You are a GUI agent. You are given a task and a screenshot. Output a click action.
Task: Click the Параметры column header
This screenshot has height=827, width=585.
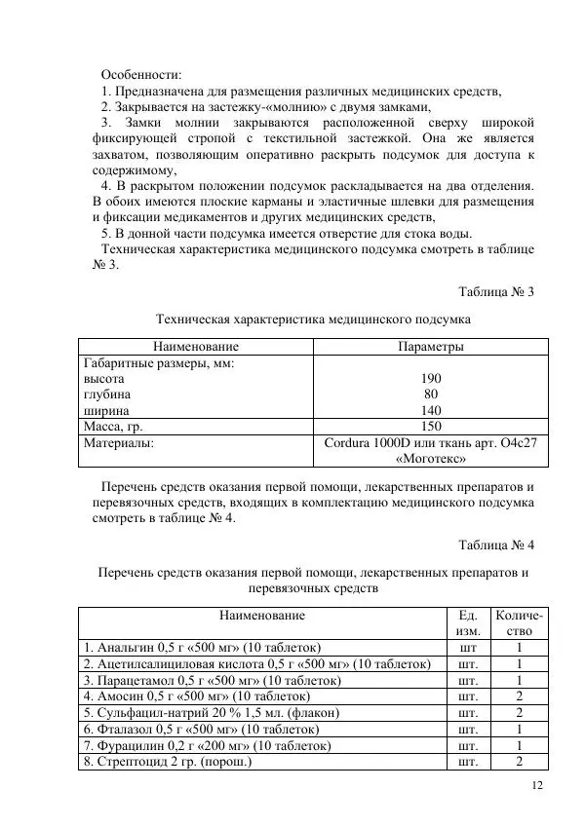[430, 346]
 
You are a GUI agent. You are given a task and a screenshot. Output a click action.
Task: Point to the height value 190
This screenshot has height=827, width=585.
[431, 378]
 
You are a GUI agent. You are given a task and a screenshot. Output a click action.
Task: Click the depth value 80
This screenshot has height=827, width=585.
[431, 395]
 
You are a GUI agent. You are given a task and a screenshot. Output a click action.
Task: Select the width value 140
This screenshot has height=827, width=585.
[431, 410]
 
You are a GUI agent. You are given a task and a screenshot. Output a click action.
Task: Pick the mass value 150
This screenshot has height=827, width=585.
[431, 427]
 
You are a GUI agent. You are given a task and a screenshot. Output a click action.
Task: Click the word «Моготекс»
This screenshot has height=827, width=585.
[431, 458]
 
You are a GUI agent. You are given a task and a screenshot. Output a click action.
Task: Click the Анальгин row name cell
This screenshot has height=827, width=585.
[203, 647]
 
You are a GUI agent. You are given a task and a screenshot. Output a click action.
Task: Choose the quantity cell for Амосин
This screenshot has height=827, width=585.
[520, 696]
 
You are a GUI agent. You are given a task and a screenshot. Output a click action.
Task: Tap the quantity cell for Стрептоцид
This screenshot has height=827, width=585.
[520, 762]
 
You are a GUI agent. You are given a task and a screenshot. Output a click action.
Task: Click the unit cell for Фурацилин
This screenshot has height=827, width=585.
[467, 745]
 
